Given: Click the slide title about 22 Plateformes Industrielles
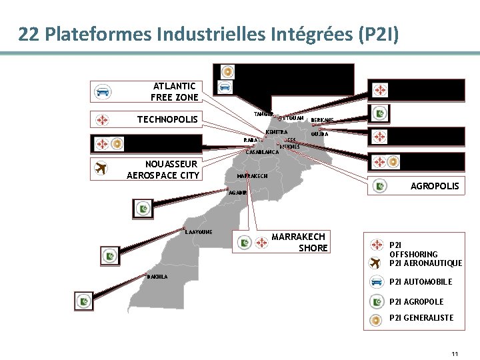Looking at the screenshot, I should (209, 34).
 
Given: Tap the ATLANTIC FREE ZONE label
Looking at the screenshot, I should (175, 91).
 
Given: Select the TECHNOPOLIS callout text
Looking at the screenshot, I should (167, 120).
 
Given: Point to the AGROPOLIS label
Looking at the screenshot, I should (435, 186).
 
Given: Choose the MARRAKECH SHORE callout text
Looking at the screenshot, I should (299, 243).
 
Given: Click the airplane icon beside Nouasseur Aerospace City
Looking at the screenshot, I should (101, 169).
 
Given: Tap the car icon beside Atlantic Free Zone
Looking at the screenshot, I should (103, 91).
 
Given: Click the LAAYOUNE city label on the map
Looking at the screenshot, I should (199, 232).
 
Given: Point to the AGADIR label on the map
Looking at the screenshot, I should (238, 192).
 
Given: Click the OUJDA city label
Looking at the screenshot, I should (319, 133).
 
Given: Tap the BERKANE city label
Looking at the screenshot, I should (322, 120).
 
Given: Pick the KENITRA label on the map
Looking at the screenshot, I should (276, 132).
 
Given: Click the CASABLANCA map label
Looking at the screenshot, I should (262, 152).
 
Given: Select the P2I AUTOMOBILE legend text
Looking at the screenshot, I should (420, 282).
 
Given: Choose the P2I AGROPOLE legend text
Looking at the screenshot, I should (416, 301).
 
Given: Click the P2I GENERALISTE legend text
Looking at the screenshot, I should (421, 318).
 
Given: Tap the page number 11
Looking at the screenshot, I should (454, 353).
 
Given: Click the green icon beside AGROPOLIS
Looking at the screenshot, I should (380, 186).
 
